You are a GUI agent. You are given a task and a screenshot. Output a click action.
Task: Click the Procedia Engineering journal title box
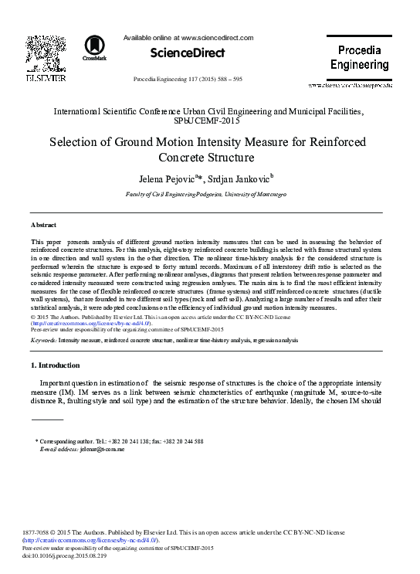point(359,57)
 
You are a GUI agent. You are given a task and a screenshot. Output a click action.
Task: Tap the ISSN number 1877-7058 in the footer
point(42,533)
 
